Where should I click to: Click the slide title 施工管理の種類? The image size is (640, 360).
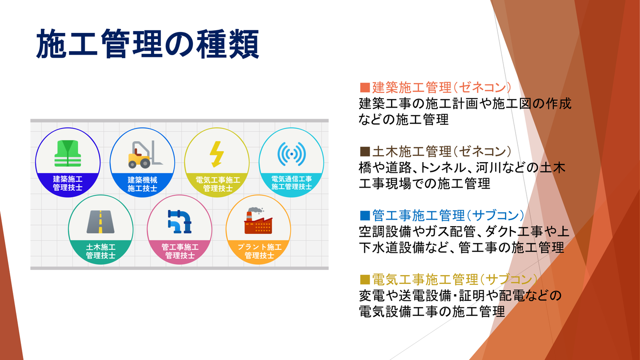[148, 44]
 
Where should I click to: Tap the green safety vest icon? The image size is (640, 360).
[68, 153]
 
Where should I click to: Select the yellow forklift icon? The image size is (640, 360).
[145, 154]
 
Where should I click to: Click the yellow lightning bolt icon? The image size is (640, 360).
[217, 154]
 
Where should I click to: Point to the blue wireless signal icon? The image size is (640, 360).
[292, 154]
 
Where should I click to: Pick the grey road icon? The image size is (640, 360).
[100, 222]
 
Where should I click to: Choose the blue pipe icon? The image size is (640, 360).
[180, 222]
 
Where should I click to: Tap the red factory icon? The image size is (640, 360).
[258, 220]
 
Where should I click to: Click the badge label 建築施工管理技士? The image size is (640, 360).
[68, 183]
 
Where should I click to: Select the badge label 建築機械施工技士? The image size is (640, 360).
[142, 184]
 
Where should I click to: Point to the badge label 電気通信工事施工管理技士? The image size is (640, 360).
[292, 183]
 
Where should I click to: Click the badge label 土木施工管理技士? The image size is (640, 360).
[100, 251]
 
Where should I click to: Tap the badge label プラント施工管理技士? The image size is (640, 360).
[260, 251]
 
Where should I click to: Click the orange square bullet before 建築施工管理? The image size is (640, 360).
[365, 88]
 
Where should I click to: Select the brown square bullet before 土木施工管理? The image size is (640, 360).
[365, 152]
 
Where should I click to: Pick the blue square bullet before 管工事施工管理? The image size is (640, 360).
[365, 216]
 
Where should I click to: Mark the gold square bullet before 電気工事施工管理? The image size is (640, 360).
[365, 280]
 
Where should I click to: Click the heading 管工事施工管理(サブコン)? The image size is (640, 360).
[448, 216]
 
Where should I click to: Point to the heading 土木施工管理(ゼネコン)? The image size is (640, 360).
[441, 152]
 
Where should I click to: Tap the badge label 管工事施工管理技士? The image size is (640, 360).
[180, 251]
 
